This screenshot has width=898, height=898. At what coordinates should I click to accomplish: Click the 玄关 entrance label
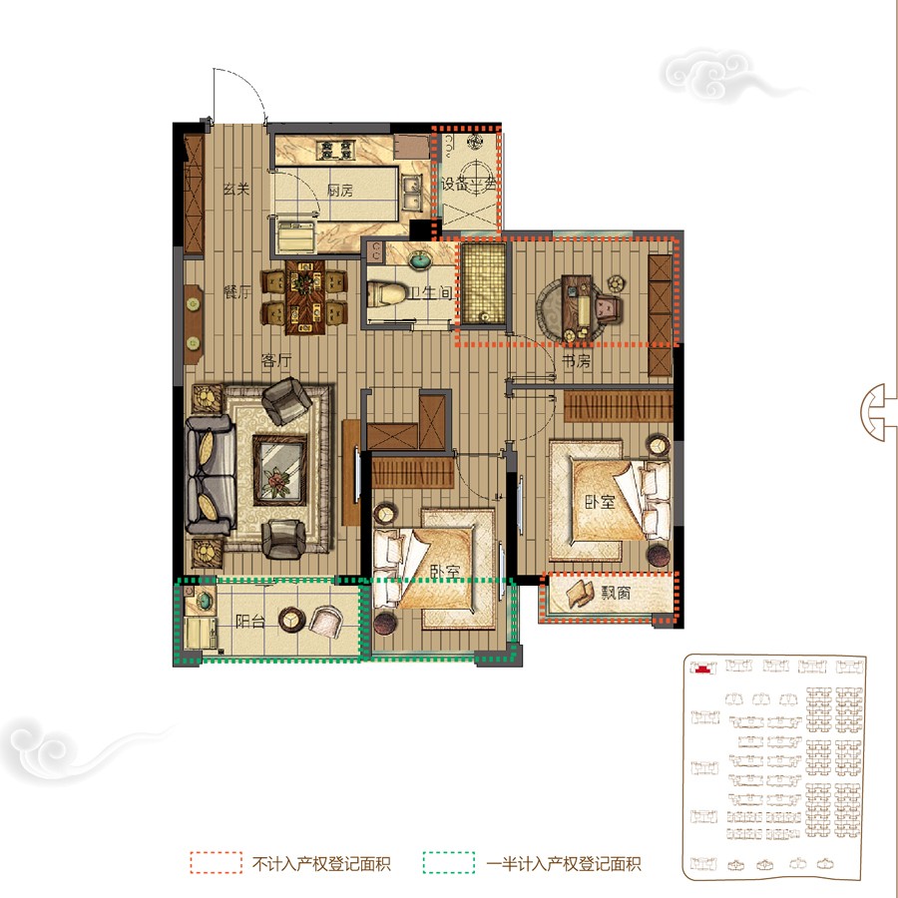tap(234, 190)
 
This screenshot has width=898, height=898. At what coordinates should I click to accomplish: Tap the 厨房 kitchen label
tap(340, 191)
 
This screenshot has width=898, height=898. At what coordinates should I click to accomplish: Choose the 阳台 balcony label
tap(250, 621)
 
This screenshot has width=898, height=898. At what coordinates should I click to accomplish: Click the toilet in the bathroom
tap(385, 294)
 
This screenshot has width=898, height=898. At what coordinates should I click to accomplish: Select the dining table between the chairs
tap(303, 297)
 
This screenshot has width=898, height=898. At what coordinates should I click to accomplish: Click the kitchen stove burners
tap(337, 152)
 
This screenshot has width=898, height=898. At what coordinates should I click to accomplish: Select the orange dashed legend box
tap(217, 863)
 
